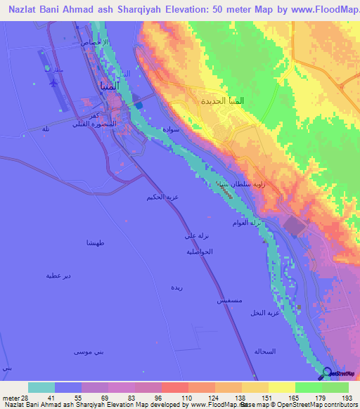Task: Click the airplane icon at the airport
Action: tap(54, 82)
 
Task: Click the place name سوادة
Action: tap(174, 130)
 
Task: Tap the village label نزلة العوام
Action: tap(247, 223)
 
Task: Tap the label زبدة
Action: tap(176, 287)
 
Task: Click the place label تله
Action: tap(46, 129)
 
